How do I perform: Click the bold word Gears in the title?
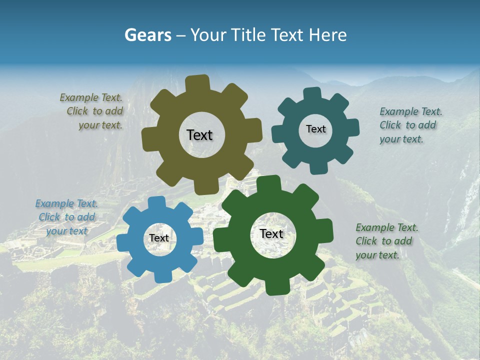[x=147, y=35]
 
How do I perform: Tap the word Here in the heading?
[x=328, y=35]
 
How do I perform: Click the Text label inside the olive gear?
[x=199, y=135]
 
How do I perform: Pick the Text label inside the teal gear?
[x=315, y=129]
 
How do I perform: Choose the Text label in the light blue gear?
[x=159, y=238]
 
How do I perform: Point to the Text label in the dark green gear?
[x=271, y=233]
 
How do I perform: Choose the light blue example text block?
[x=66, y=217]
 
